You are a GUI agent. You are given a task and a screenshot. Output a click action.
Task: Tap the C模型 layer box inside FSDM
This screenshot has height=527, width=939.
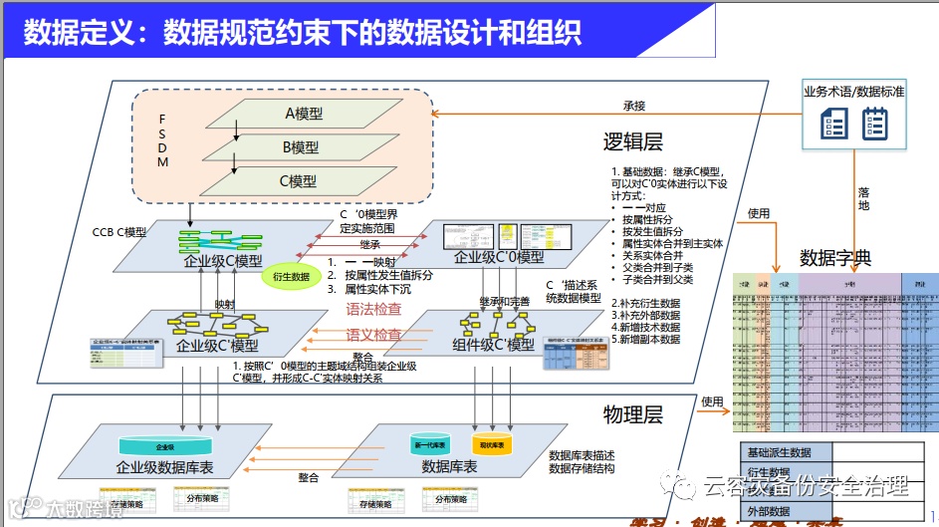coord(298,181)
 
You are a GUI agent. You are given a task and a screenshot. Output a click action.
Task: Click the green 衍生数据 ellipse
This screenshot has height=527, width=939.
coord(290,276)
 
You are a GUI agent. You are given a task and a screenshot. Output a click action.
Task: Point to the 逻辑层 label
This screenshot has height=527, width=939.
coord(633,142)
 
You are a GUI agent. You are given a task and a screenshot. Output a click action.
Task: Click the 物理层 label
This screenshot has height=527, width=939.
coord(633,413)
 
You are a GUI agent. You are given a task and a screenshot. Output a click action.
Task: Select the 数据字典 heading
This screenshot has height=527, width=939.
coord(835,257)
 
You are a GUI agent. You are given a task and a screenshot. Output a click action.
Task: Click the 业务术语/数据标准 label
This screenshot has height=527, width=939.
coord(853,91)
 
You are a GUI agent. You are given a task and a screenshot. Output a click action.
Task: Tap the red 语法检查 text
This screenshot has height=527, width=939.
coord(373,309)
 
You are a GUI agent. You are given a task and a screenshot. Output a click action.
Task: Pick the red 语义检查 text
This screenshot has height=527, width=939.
coord(373,335)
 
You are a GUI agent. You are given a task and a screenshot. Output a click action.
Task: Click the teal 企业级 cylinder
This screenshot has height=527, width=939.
coord(166,447)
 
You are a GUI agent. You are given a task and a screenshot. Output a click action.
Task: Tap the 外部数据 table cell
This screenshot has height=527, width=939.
coord(769,511)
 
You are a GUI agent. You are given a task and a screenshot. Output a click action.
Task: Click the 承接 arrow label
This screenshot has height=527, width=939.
coord(634,106)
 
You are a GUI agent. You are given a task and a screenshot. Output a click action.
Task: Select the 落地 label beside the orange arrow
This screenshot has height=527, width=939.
coord(863,198)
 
